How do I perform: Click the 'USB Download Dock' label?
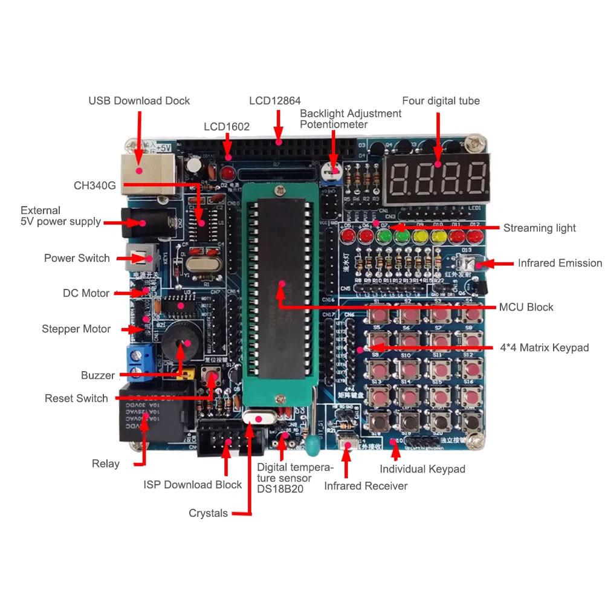[139, 101]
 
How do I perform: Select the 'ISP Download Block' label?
[192, 485]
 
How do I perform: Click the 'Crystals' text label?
[208, 513]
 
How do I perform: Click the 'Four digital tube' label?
[441, 101]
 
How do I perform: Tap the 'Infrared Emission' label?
[560, 263]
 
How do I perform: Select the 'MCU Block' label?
[526, 307]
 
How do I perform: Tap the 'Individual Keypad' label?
[422, 469]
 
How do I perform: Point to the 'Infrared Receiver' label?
[366, 486]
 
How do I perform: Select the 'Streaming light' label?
[539, 228]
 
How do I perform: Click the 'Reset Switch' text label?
[76, 398]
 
